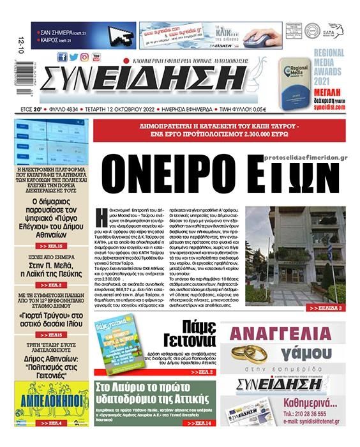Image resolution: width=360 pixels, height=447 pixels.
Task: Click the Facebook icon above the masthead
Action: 62,57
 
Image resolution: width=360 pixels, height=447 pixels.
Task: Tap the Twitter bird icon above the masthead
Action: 73,57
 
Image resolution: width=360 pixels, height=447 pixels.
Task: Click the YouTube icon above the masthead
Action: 96,57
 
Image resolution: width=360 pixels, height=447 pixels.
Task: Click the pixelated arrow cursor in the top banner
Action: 121,34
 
